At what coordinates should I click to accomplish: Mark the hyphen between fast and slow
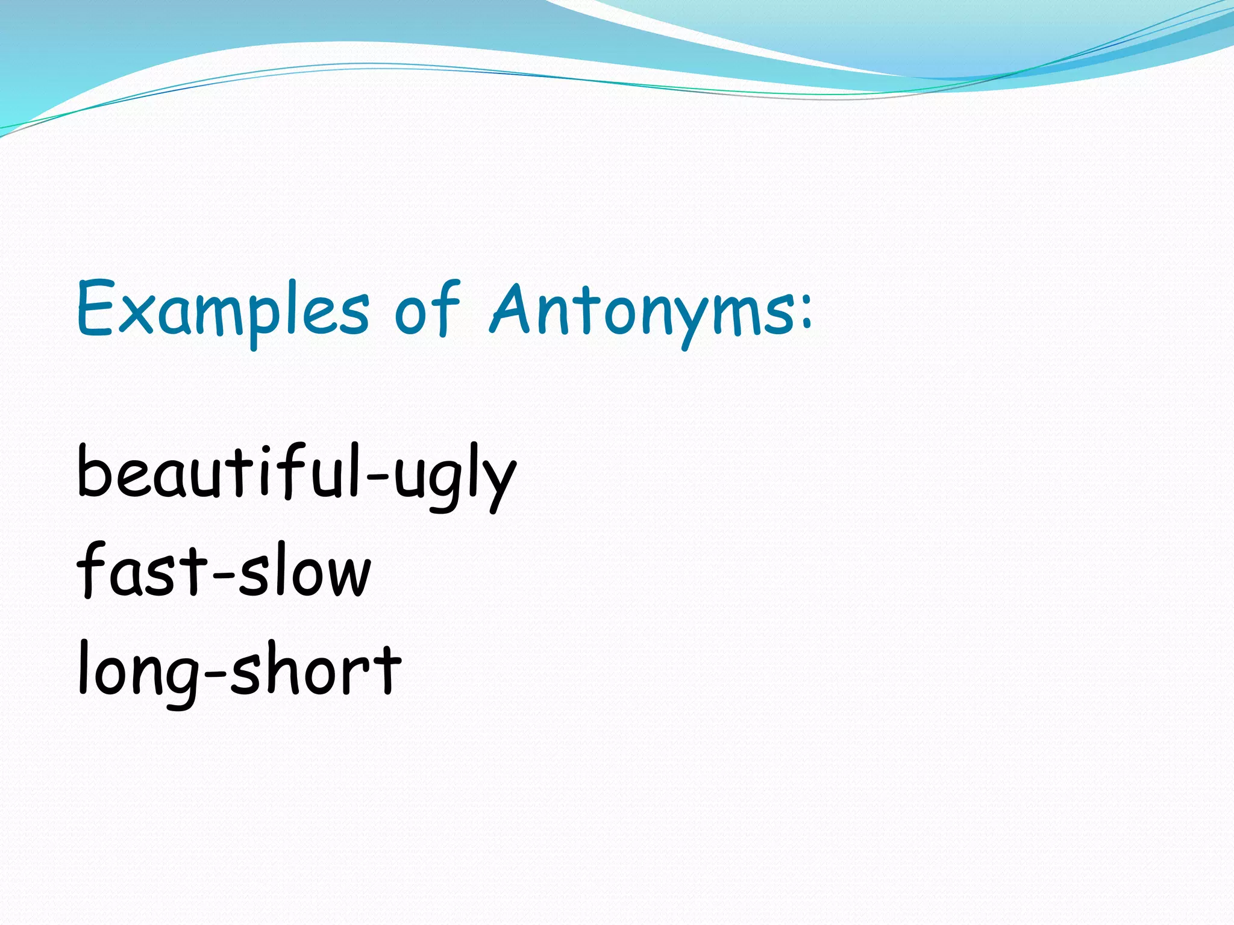click(223, 576)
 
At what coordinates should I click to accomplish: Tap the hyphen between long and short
click(216, 673)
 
